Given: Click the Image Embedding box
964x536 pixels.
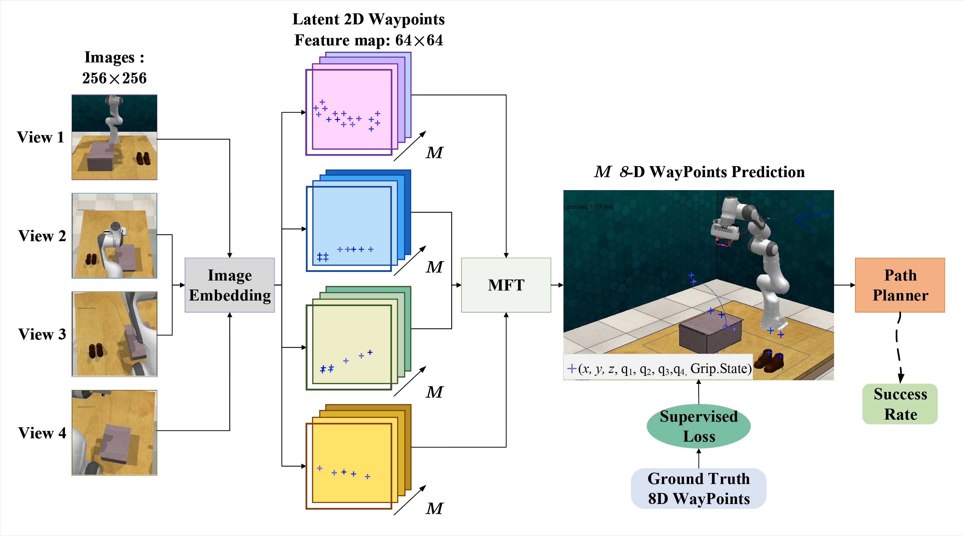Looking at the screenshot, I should tap(229, 285).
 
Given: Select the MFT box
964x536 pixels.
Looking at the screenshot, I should tap(506, 285).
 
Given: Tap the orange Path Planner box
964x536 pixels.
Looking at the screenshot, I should tap(900, 285).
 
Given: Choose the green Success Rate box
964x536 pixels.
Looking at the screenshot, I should tap(900, 404).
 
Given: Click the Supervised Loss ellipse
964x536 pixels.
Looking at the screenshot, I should tap(698, 426).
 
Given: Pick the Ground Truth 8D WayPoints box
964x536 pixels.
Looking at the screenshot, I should tap(698, 488).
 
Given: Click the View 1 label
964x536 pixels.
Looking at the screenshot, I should tap(40, 137).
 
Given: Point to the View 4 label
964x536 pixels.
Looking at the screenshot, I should tap(42, 433).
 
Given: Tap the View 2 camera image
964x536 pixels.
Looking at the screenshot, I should tap(114, 235).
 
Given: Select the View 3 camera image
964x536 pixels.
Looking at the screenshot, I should tap(114, 334).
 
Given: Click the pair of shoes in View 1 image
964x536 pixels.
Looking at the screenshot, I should tap(143, 158).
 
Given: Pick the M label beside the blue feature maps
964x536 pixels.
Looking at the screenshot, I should tap(435, 267).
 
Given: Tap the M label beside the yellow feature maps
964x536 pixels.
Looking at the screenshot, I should tap(435, 509).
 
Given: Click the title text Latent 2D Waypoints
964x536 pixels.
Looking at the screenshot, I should tap(368, 19).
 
